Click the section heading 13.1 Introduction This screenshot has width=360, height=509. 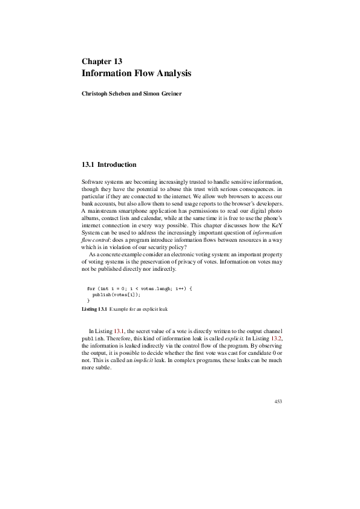point(109,164)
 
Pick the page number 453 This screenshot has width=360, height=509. point(278,401)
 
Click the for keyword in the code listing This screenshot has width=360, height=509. point(91,289)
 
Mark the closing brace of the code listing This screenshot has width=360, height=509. point(88,300)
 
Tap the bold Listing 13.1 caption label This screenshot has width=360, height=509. point(94,309)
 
